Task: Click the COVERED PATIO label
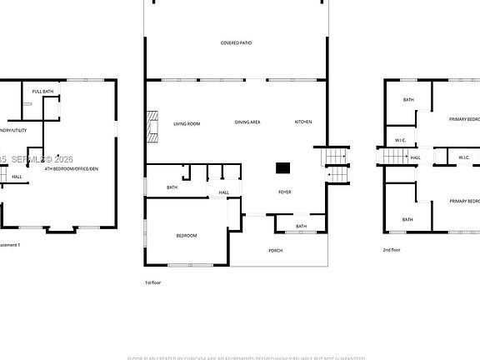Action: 236,42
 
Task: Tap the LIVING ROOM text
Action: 187,123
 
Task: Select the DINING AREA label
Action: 247,122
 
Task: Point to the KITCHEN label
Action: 303,122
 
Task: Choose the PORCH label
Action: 275,250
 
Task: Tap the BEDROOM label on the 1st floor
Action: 187,236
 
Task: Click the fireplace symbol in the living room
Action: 152,124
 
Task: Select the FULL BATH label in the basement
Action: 43,91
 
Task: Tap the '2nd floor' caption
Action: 392,250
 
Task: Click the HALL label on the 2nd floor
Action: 415,157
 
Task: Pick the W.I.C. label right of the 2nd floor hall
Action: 464,157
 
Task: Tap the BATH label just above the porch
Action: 301,227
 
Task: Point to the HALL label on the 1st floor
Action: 224,193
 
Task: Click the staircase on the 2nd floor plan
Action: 389,157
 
